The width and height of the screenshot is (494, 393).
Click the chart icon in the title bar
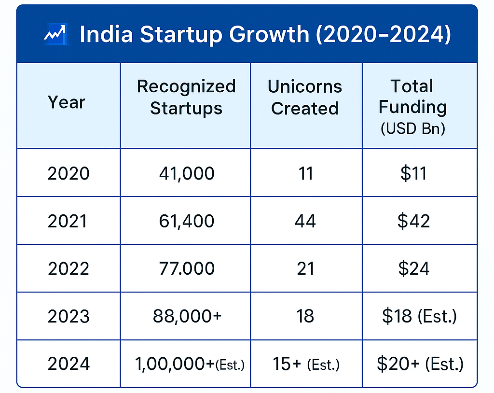click(x=55, y=35)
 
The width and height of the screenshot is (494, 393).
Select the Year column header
click(x=67, y=102)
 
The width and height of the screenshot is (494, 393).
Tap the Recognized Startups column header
click(x=186, y=97)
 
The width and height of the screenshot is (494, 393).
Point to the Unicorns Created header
click(x=305, y=97)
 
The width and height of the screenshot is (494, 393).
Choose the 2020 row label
click(x=69, y=173)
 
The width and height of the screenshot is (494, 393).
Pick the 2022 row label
click(x=69, y=268)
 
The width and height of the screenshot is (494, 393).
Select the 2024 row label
click(x=69, y=364)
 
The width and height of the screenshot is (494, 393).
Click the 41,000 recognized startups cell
click(x=186, y=173)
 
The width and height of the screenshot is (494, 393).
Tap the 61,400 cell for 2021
click(x=186, y=221)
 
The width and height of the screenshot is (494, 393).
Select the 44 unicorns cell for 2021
click(x=305, y=221)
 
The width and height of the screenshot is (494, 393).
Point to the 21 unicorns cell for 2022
click(x=305, y=268)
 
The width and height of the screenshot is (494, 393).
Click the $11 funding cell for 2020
click(x=413, y=173)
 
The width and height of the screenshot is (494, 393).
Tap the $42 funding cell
click(x=414, y=221)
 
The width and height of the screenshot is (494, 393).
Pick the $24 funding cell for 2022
click(x=414, y=268)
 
